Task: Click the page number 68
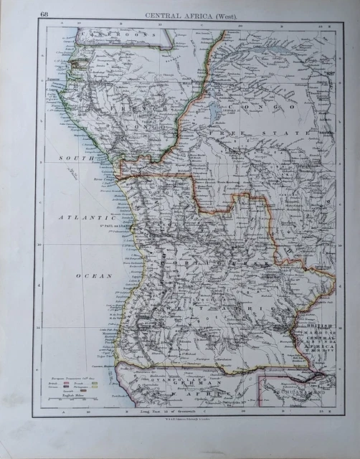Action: pos(45,14)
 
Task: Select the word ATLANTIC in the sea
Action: pos(84,217)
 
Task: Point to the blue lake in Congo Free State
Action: pos(213,113)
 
